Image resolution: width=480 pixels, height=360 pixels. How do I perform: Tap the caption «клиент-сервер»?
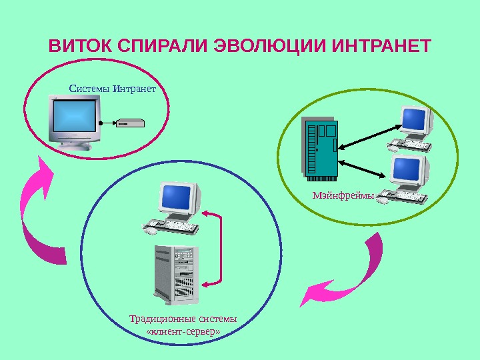(x=183, y=331)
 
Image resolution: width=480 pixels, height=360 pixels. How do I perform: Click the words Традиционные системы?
(x=183, y=317)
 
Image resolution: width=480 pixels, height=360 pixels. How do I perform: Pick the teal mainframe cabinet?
(x=321, y=149)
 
